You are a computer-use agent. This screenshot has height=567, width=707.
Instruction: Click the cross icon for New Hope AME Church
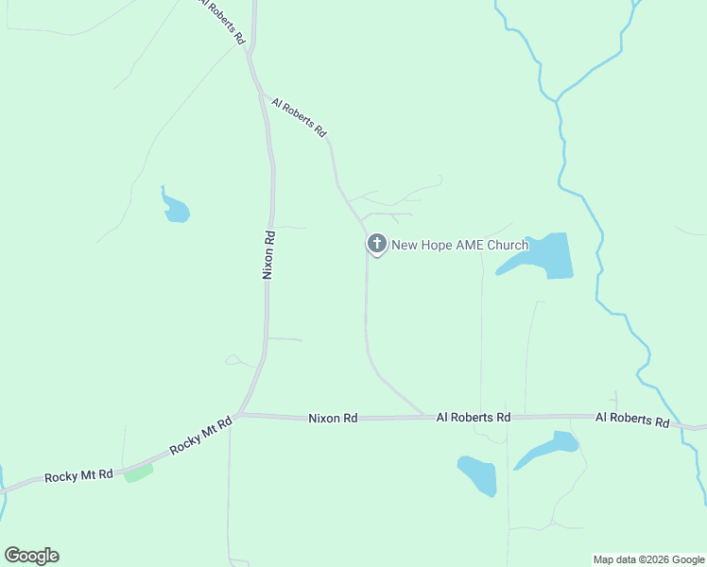(376, 244)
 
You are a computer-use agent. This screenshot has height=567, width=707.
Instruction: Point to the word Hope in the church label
(437, 245)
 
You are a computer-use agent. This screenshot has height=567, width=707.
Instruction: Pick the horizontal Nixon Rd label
(334, 417)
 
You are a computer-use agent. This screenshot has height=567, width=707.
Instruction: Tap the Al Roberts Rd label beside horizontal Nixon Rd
(473, 417)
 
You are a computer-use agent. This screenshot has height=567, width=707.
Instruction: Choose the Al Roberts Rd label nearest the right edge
(632, 418)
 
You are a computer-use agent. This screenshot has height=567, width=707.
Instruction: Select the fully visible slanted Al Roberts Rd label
(298, 117)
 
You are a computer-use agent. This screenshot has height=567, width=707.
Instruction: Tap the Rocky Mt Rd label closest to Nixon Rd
(201, 436)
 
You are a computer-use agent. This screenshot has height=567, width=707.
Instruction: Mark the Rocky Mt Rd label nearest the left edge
(78, 475)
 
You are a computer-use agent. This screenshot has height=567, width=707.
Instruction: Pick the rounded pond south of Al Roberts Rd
(477, 474)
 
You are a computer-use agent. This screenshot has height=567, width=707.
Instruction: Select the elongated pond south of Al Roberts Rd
(548, 448)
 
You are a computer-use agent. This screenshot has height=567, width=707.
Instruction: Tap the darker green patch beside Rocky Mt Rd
(138, 471)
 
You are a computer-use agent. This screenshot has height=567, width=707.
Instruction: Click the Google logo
(31, 556)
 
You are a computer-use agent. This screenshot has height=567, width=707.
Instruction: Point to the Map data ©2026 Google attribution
(648, 559)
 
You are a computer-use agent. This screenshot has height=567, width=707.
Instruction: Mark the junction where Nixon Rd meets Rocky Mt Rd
(240, 414)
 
